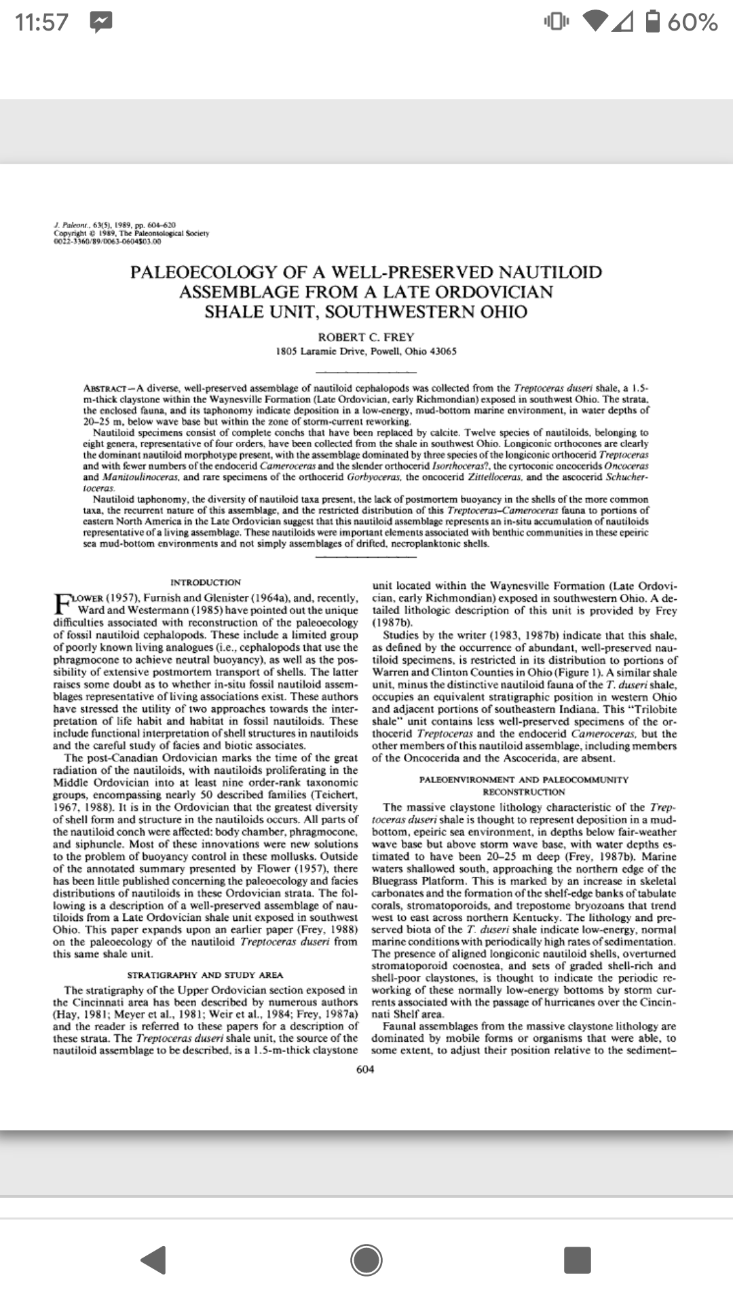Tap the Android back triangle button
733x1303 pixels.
click(x=154, y=1260)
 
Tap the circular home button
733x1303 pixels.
click(x=366, y=1260)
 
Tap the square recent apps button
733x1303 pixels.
click(x=578, y=1260)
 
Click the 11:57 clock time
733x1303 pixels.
click(x=41, y=22)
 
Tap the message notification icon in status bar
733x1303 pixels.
click(x=101, y=22)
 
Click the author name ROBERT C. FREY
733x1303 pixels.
click(x=366, y=337)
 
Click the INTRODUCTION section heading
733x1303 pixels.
click(x=205, y=582)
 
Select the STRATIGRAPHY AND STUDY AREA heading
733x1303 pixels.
click(x=205, y=975)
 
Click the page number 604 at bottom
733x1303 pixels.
click(x=365, y=1070)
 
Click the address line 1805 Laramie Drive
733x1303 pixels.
click(x=366, y=352)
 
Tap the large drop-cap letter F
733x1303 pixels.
click(x=61, y=602)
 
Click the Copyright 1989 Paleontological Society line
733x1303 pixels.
click(x=132, y=233)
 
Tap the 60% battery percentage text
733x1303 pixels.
click(x=693, y=22)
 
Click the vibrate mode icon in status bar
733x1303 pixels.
click(x=556, y=22)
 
